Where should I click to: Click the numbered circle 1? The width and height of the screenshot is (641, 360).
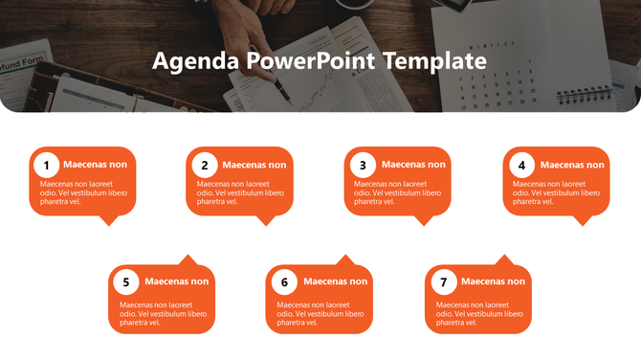tap(47, 165)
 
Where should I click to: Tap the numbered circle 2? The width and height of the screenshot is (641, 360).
tap(204, 165)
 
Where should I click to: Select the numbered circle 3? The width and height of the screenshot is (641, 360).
tap(363, 165)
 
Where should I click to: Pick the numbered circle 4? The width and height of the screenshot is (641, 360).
tap(521, 165)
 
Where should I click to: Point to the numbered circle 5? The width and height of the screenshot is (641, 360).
tap(125, 282)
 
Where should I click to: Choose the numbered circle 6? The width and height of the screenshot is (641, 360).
tap(284, 282)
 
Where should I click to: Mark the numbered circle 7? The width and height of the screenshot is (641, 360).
tap(442, 282)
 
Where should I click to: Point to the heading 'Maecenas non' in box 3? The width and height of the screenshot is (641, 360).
tap(413, 165)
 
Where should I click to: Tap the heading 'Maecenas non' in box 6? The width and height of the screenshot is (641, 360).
tap(335, 281)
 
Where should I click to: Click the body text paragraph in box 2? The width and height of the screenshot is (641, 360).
tap(240, 192)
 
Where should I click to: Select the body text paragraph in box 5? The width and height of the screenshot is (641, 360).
tap(163, 313)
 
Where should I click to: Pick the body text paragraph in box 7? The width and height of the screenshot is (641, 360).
tap(479, 313)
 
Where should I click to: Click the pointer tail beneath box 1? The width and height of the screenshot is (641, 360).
tap(109, 220)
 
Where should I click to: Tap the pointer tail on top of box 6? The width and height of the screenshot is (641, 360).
tap(346, 260)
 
